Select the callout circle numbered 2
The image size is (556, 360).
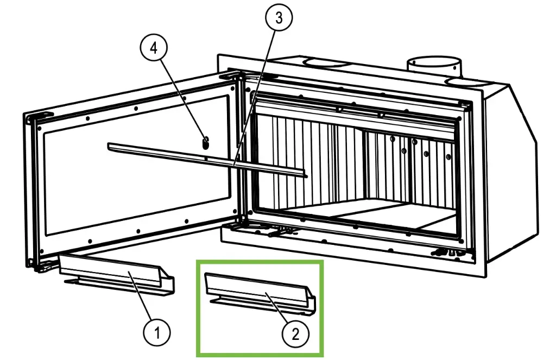(x=296, y=333)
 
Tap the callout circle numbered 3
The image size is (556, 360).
(x=279, y=17)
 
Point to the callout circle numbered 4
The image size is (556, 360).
(x=154, y=48)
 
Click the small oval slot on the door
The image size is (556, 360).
(x=206, y=143)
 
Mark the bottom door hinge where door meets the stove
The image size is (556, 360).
(x=239, y=223)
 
